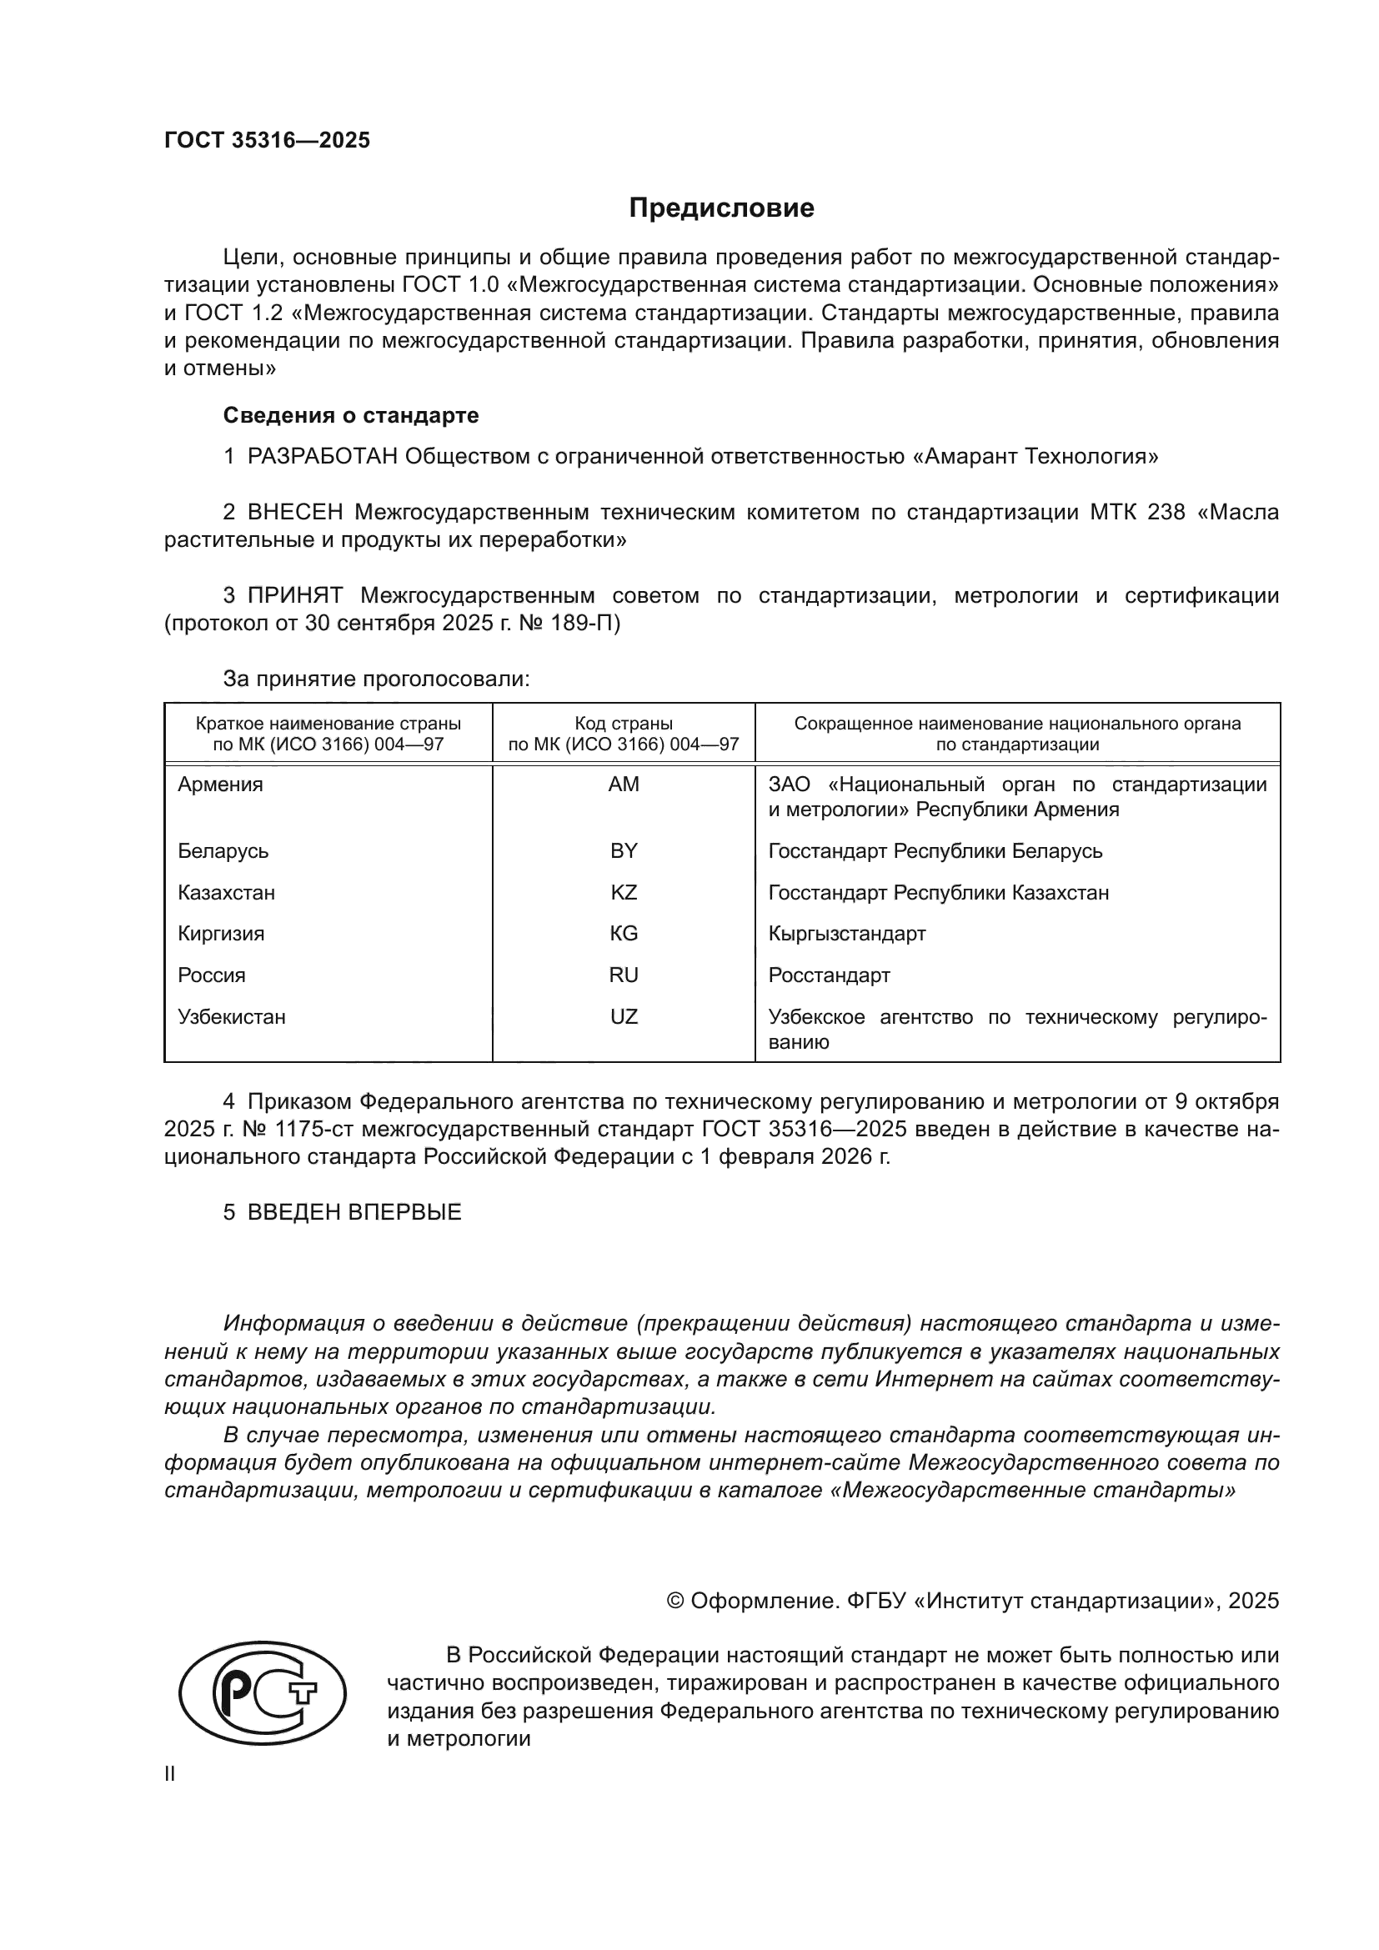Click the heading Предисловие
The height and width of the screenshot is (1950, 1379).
721,208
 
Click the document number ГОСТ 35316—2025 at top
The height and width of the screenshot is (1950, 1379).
268,141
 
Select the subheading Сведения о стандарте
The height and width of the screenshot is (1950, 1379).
351,415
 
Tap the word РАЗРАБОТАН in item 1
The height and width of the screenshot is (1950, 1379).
323,457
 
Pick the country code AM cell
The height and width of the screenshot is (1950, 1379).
624,785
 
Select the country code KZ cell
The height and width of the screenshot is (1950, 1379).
624,893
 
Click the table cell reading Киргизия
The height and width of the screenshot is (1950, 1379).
221,934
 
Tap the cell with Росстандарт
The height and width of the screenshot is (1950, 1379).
829,975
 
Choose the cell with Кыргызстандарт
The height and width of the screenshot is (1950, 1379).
846,934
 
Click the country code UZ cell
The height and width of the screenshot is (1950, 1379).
624,1016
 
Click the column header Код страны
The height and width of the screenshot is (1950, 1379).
624,724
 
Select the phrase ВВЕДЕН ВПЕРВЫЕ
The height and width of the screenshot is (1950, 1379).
354,1212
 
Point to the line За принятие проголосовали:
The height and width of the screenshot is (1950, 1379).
376,679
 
